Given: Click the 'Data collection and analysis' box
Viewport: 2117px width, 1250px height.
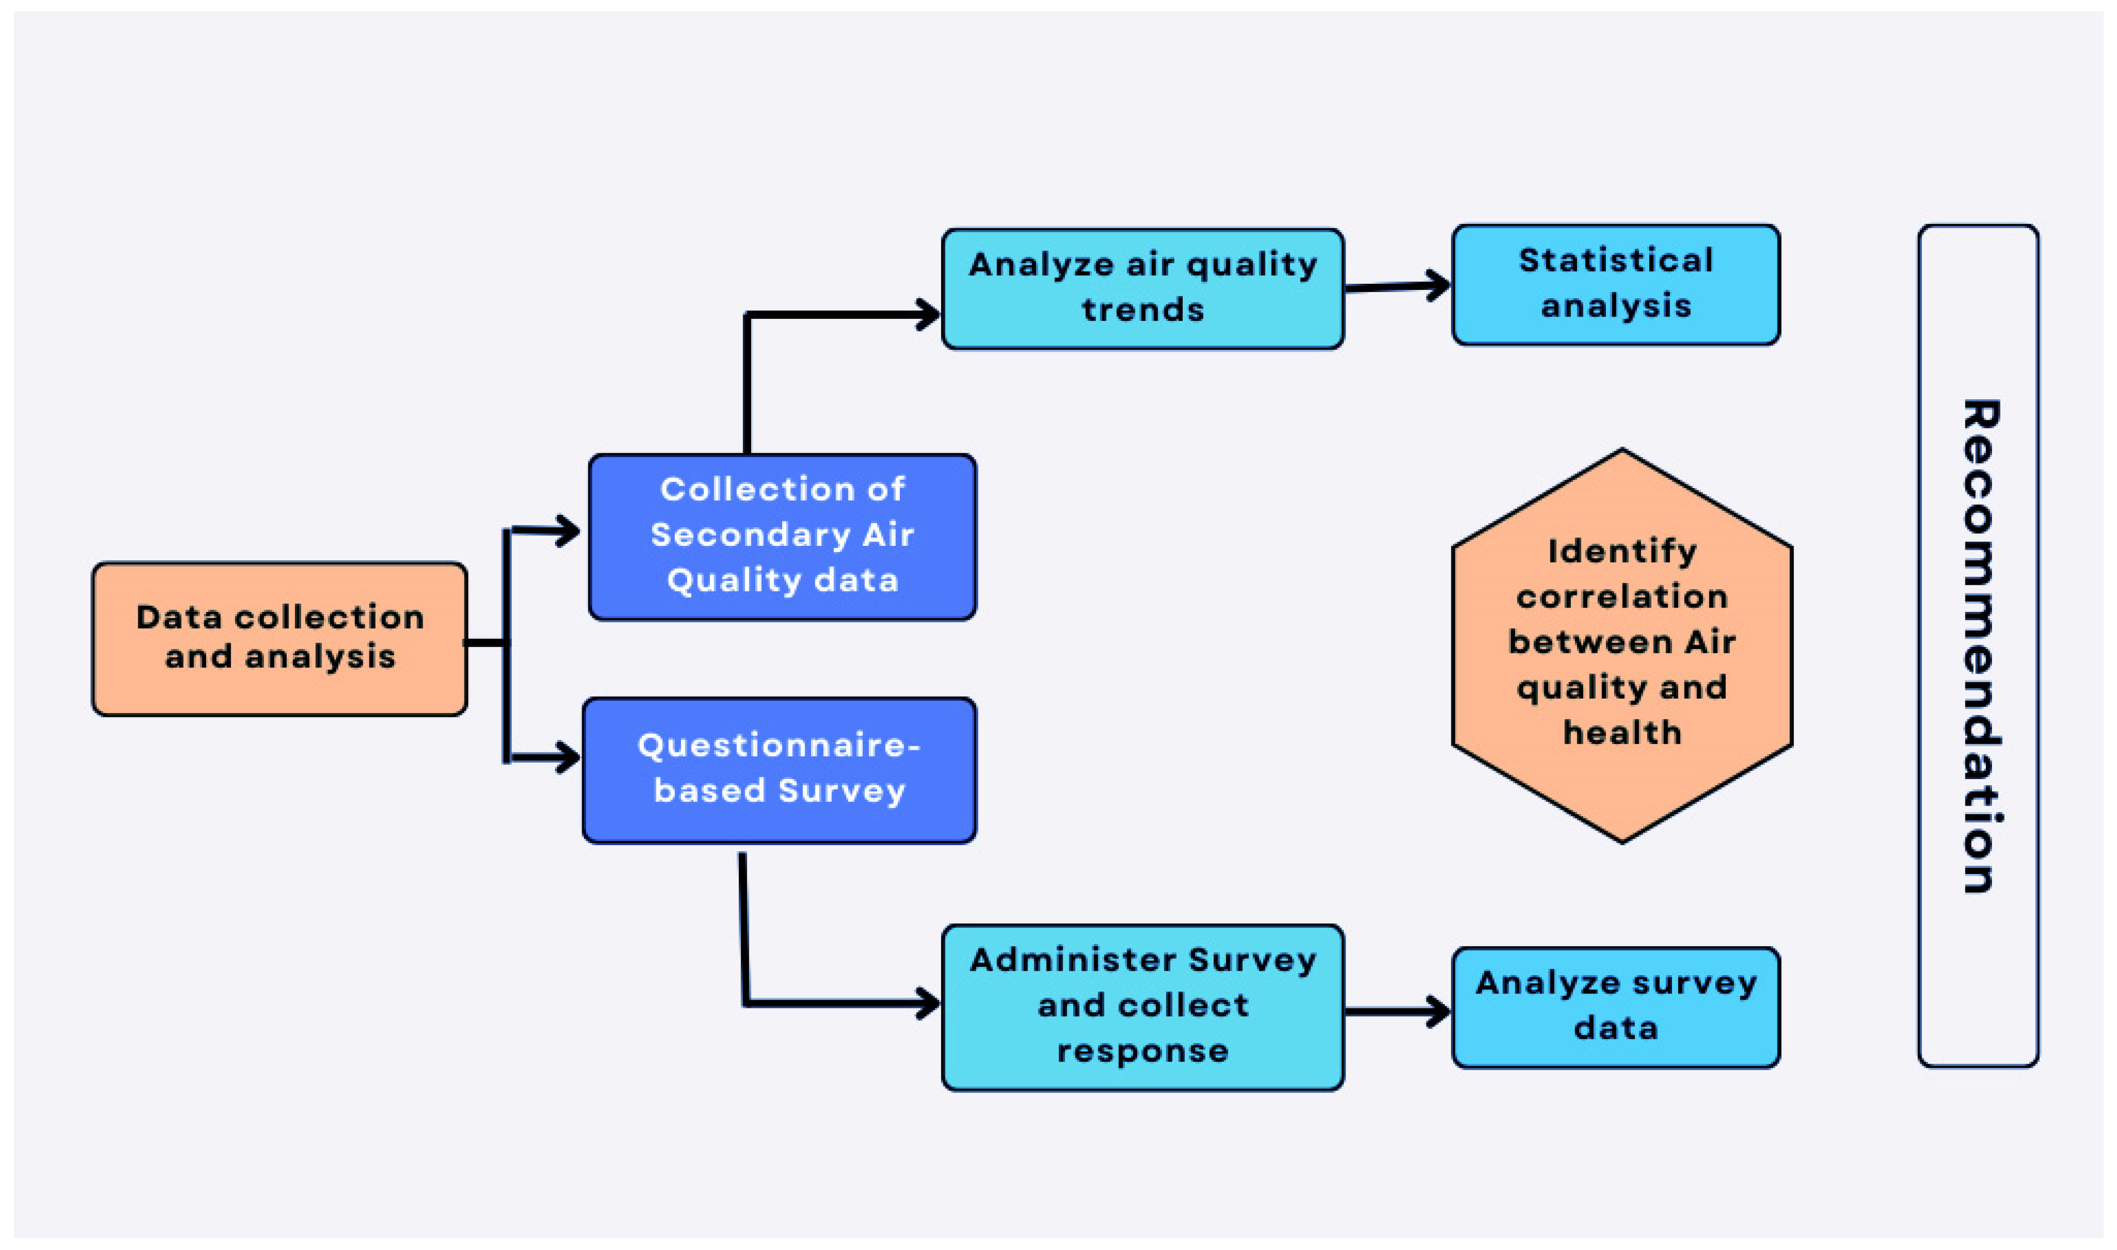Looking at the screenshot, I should click(x=279, y=639).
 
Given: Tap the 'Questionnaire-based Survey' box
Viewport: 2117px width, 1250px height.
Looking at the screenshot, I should click(x=779, y=770).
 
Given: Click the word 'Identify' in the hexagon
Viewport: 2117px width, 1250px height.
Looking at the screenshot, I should click(x=1621, y=552).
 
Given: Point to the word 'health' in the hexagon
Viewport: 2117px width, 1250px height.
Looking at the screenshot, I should click(x=1621, y=733).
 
